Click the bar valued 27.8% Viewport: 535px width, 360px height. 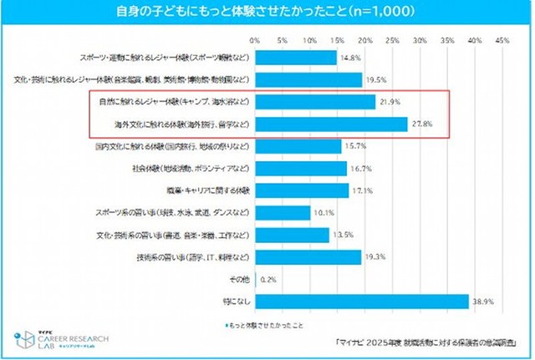[331, 124]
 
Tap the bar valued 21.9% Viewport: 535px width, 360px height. [314, 102]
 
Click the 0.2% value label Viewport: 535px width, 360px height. [269, 279]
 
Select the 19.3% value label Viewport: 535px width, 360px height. [374, 257]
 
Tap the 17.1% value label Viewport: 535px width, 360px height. [362, 190]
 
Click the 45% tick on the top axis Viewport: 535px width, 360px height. [502, 39]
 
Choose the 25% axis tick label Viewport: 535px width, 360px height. [392, 39]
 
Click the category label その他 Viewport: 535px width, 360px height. [237, 279]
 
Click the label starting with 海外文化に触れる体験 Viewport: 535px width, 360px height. [181, 124]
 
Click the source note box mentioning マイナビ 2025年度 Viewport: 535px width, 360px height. [427, 342]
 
